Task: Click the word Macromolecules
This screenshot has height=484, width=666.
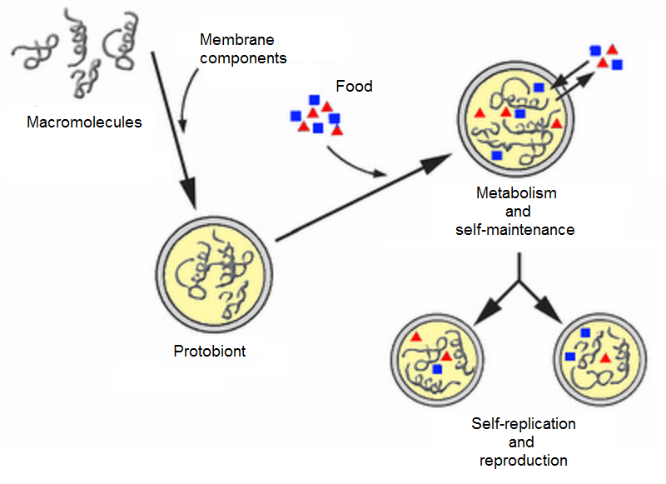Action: pos(84,122)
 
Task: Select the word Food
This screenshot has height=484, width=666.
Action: pos(354,86)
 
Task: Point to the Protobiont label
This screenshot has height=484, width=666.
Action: pos(209,351)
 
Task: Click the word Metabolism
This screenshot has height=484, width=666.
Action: pos(515,193)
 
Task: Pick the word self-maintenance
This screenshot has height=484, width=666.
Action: pos(515,229)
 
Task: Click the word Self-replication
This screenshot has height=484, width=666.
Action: pos(523,424)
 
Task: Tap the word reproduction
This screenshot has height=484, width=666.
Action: pos(523,460)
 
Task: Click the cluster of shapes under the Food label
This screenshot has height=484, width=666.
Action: pos(316,115)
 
